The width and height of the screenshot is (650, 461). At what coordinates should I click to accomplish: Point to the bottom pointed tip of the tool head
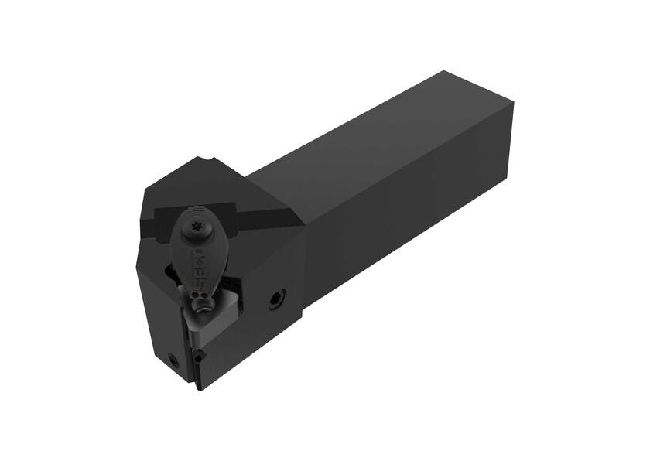click(x=200, y=388)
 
